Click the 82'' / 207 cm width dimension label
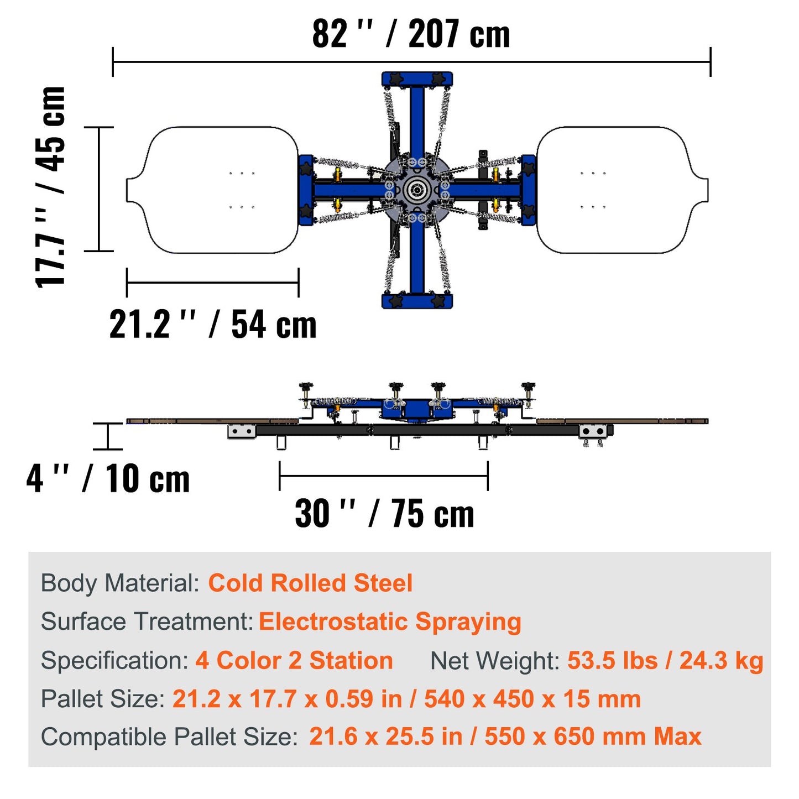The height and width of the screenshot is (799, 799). [x=411, y=34]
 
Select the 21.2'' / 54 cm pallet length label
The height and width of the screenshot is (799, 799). [x=213, y=325]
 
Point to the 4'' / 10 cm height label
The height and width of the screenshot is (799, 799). [x=108, y=479]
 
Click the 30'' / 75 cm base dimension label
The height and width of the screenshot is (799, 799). [x=384, y=514]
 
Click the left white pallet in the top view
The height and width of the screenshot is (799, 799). [x=216, y=190]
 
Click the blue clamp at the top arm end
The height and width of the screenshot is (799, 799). [x=417, y=79]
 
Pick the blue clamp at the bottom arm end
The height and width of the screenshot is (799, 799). [x=417, y=301]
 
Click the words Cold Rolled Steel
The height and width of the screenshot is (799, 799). [x=310, y=583]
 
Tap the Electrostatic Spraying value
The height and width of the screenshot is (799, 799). [x=390, y=622]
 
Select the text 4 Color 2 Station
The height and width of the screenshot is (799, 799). [x=294, y=661]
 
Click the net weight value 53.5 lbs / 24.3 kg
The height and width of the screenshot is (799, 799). [x=665, y=661]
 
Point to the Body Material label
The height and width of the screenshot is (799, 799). [x=120, y=583]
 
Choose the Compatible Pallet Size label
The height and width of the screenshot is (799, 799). [x=169, y=737]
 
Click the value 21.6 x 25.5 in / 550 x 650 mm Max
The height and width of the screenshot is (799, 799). [x=505, y=737]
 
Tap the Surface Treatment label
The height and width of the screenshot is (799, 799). [x=147, y=622]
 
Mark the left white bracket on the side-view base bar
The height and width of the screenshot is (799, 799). [x=242, y=431]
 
